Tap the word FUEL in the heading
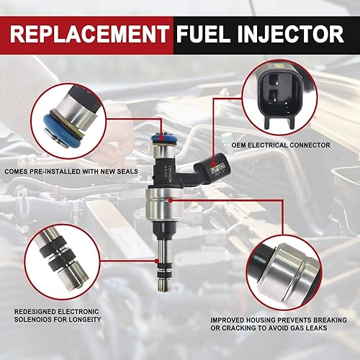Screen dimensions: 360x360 click(206, 34)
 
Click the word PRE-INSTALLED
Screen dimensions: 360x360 click(62, 171)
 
